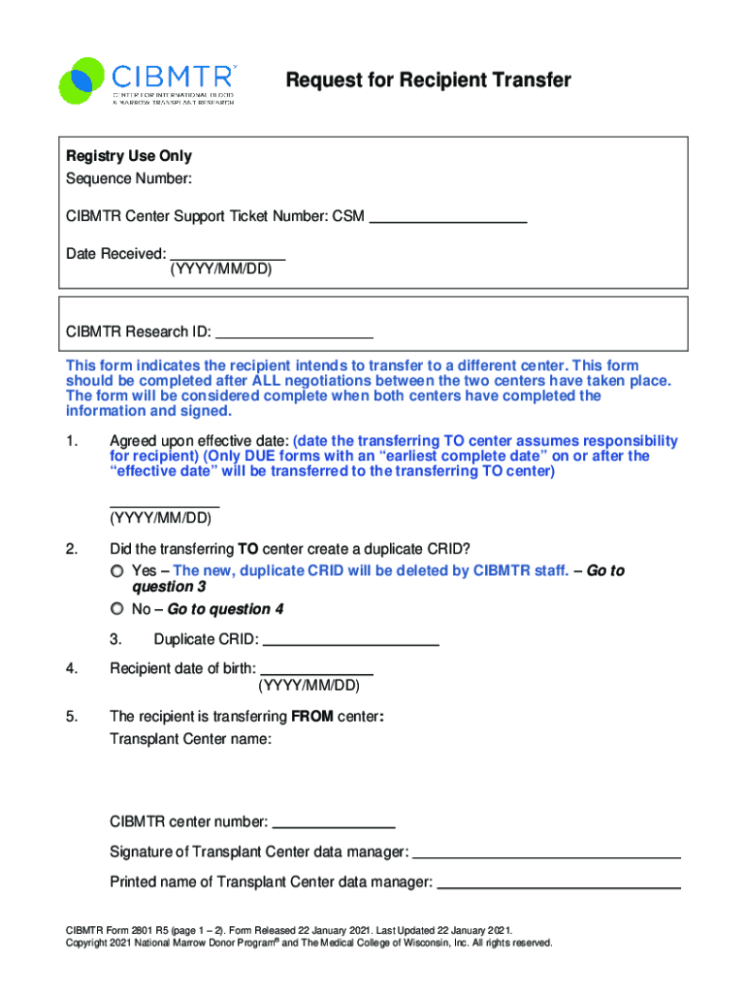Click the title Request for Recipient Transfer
(428, 80)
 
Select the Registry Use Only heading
(128, 156)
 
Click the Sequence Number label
(128, 178)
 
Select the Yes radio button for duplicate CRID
(117, 570)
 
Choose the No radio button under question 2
(117, 609)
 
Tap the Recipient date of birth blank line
(317, 670)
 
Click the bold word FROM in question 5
(311, 718)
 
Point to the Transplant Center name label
(190, 739)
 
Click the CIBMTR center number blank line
(334, 824)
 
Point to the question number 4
(72, 668)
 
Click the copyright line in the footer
(309, 943)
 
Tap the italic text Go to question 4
(225, 609)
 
